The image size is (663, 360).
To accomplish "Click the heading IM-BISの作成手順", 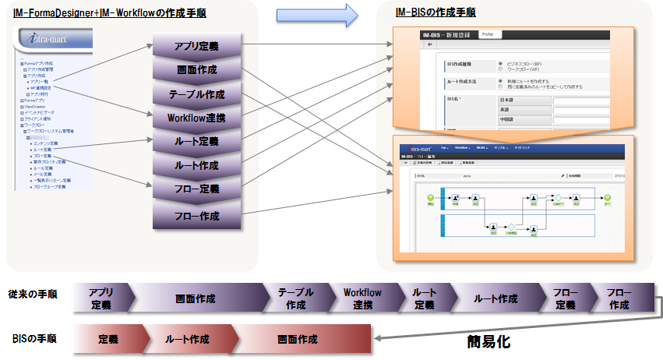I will pos(436,13).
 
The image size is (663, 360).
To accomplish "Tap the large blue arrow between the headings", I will pos(316,13).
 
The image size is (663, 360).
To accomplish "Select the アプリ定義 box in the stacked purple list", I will pos(196,47).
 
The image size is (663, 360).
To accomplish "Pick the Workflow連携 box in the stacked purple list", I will pos(196,118).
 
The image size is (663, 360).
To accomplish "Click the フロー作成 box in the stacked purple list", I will pos(196,216).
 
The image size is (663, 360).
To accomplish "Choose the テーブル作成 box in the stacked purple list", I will pos(196,94).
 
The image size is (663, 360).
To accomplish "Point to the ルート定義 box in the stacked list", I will pos(196,142).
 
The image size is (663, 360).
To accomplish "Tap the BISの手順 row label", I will pos(34,340).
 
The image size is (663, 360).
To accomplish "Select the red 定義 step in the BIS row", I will pos(108,340).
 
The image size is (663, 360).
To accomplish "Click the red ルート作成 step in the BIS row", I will pos(187,340).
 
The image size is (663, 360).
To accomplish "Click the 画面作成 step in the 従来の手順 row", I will pos(196,298).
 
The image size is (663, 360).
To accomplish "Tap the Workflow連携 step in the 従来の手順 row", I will pos(362,298).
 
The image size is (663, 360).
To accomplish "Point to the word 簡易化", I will pos(488,341).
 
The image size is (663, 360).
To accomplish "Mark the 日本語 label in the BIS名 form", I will pos(509,100).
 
